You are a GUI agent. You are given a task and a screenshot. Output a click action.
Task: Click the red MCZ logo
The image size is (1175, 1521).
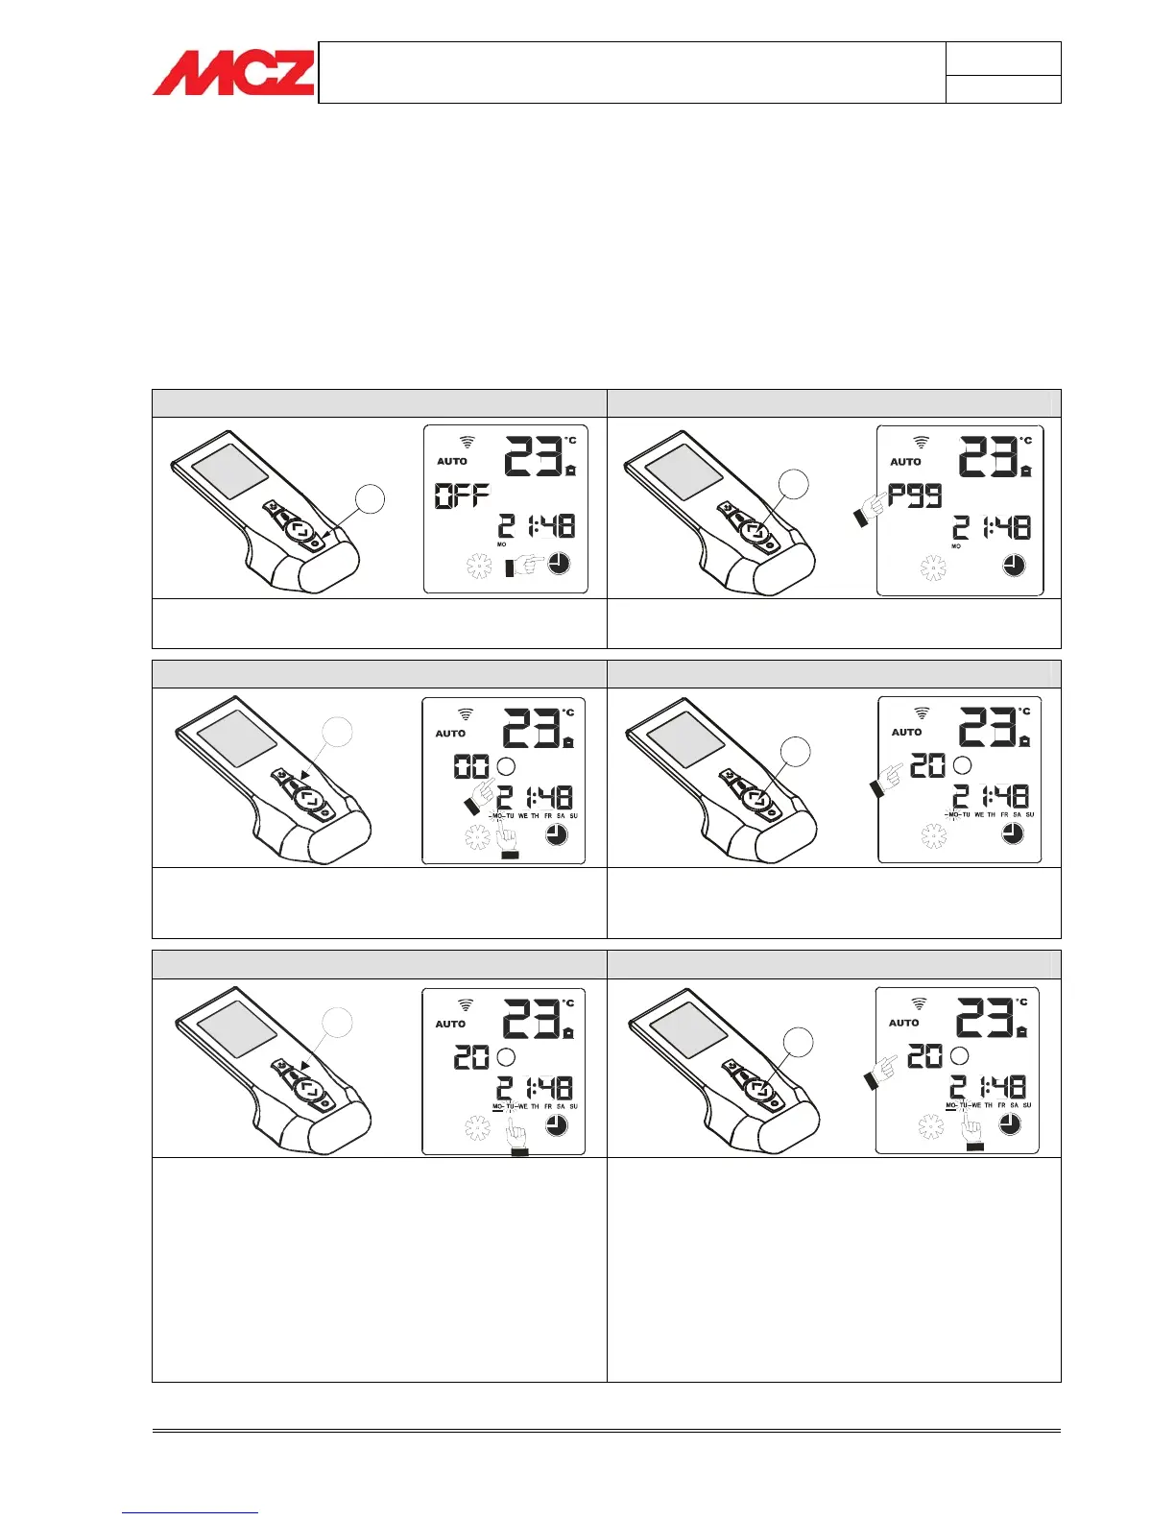coord(233,73)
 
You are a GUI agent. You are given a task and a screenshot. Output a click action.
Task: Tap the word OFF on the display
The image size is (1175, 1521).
coord(463,495)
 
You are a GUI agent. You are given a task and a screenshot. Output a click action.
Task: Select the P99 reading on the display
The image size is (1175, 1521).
coord(915,495)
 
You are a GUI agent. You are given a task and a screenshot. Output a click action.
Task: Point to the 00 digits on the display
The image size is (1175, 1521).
coord(471,766)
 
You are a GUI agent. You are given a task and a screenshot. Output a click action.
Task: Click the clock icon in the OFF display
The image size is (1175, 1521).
coord(559,565)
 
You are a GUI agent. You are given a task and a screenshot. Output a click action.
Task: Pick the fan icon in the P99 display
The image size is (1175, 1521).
coord(933,568)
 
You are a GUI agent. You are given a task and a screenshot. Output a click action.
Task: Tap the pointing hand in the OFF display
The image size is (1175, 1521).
coord(523,567)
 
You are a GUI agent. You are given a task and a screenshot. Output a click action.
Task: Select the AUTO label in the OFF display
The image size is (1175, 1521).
coord(452,462)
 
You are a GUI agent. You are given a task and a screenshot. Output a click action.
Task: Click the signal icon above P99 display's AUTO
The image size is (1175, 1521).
coord(921,443)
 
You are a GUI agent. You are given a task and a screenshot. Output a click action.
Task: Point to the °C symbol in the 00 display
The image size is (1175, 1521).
coord(568,712)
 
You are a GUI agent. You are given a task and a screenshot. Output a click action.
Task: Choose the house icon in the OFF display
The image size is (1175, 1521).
coord(571,471)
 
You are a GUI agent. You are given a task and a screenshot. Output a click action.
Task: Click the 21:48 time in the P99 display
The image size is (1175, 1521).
coord(991,527)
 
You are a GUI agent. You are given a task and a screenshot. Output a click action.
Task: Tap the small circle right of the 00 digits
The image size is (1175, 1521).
coord(506,766)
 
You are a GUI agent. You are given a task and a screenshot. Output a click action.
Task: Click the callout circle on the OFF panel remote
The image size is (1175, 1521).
coord(371,500)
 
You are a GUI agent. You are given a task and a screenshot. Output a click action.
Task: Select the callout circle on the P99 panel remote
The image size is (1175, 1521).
coord(794,485)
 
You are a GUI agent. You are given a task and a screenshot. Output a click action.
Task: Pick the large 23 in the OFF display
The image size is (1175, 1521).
coord(533,456)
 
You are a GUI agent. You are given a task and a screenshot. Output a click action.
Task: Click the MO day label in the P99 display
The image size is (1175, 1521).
coord(956,546)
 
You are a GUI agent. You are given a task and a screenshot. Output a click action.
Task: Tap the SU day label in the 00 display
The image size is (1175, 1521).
coord(574,816)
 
